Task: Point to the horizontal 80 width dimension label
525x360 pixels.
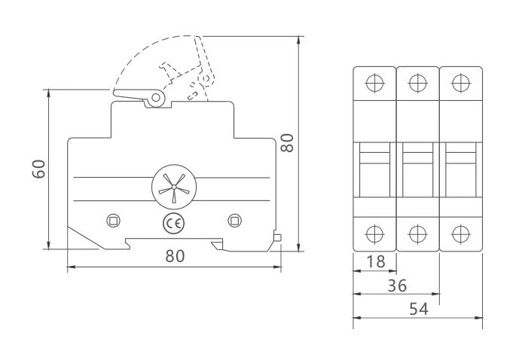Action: coord(175,256)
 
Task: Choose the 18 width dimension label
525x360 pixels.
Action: coord(374,264)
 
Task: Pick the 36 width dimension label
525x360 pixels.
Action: coord(397,287)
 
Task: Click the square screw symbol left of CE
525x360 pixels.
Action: coord(113,220)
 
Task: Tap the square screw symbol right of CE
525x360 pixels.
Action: coord(234,220)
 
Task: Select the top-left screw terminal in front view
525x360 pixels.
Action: coord(374,83)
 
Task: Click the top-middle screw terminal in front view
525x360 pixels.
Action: coord(418,83)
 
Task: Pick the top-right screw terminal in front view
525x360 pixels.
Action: coord(461,83)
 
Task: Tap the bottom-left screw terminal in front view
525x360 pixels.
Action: coord(374,231)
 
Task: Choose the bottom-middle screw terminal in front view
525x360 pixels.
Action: coord(418,231)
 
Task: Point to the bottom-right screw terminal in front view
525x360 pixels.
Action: coord(461,231)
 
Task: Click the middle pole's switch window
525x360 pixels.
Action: coord(418,169)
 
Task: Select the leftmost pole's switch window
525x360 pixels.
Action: coord(374,169)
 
